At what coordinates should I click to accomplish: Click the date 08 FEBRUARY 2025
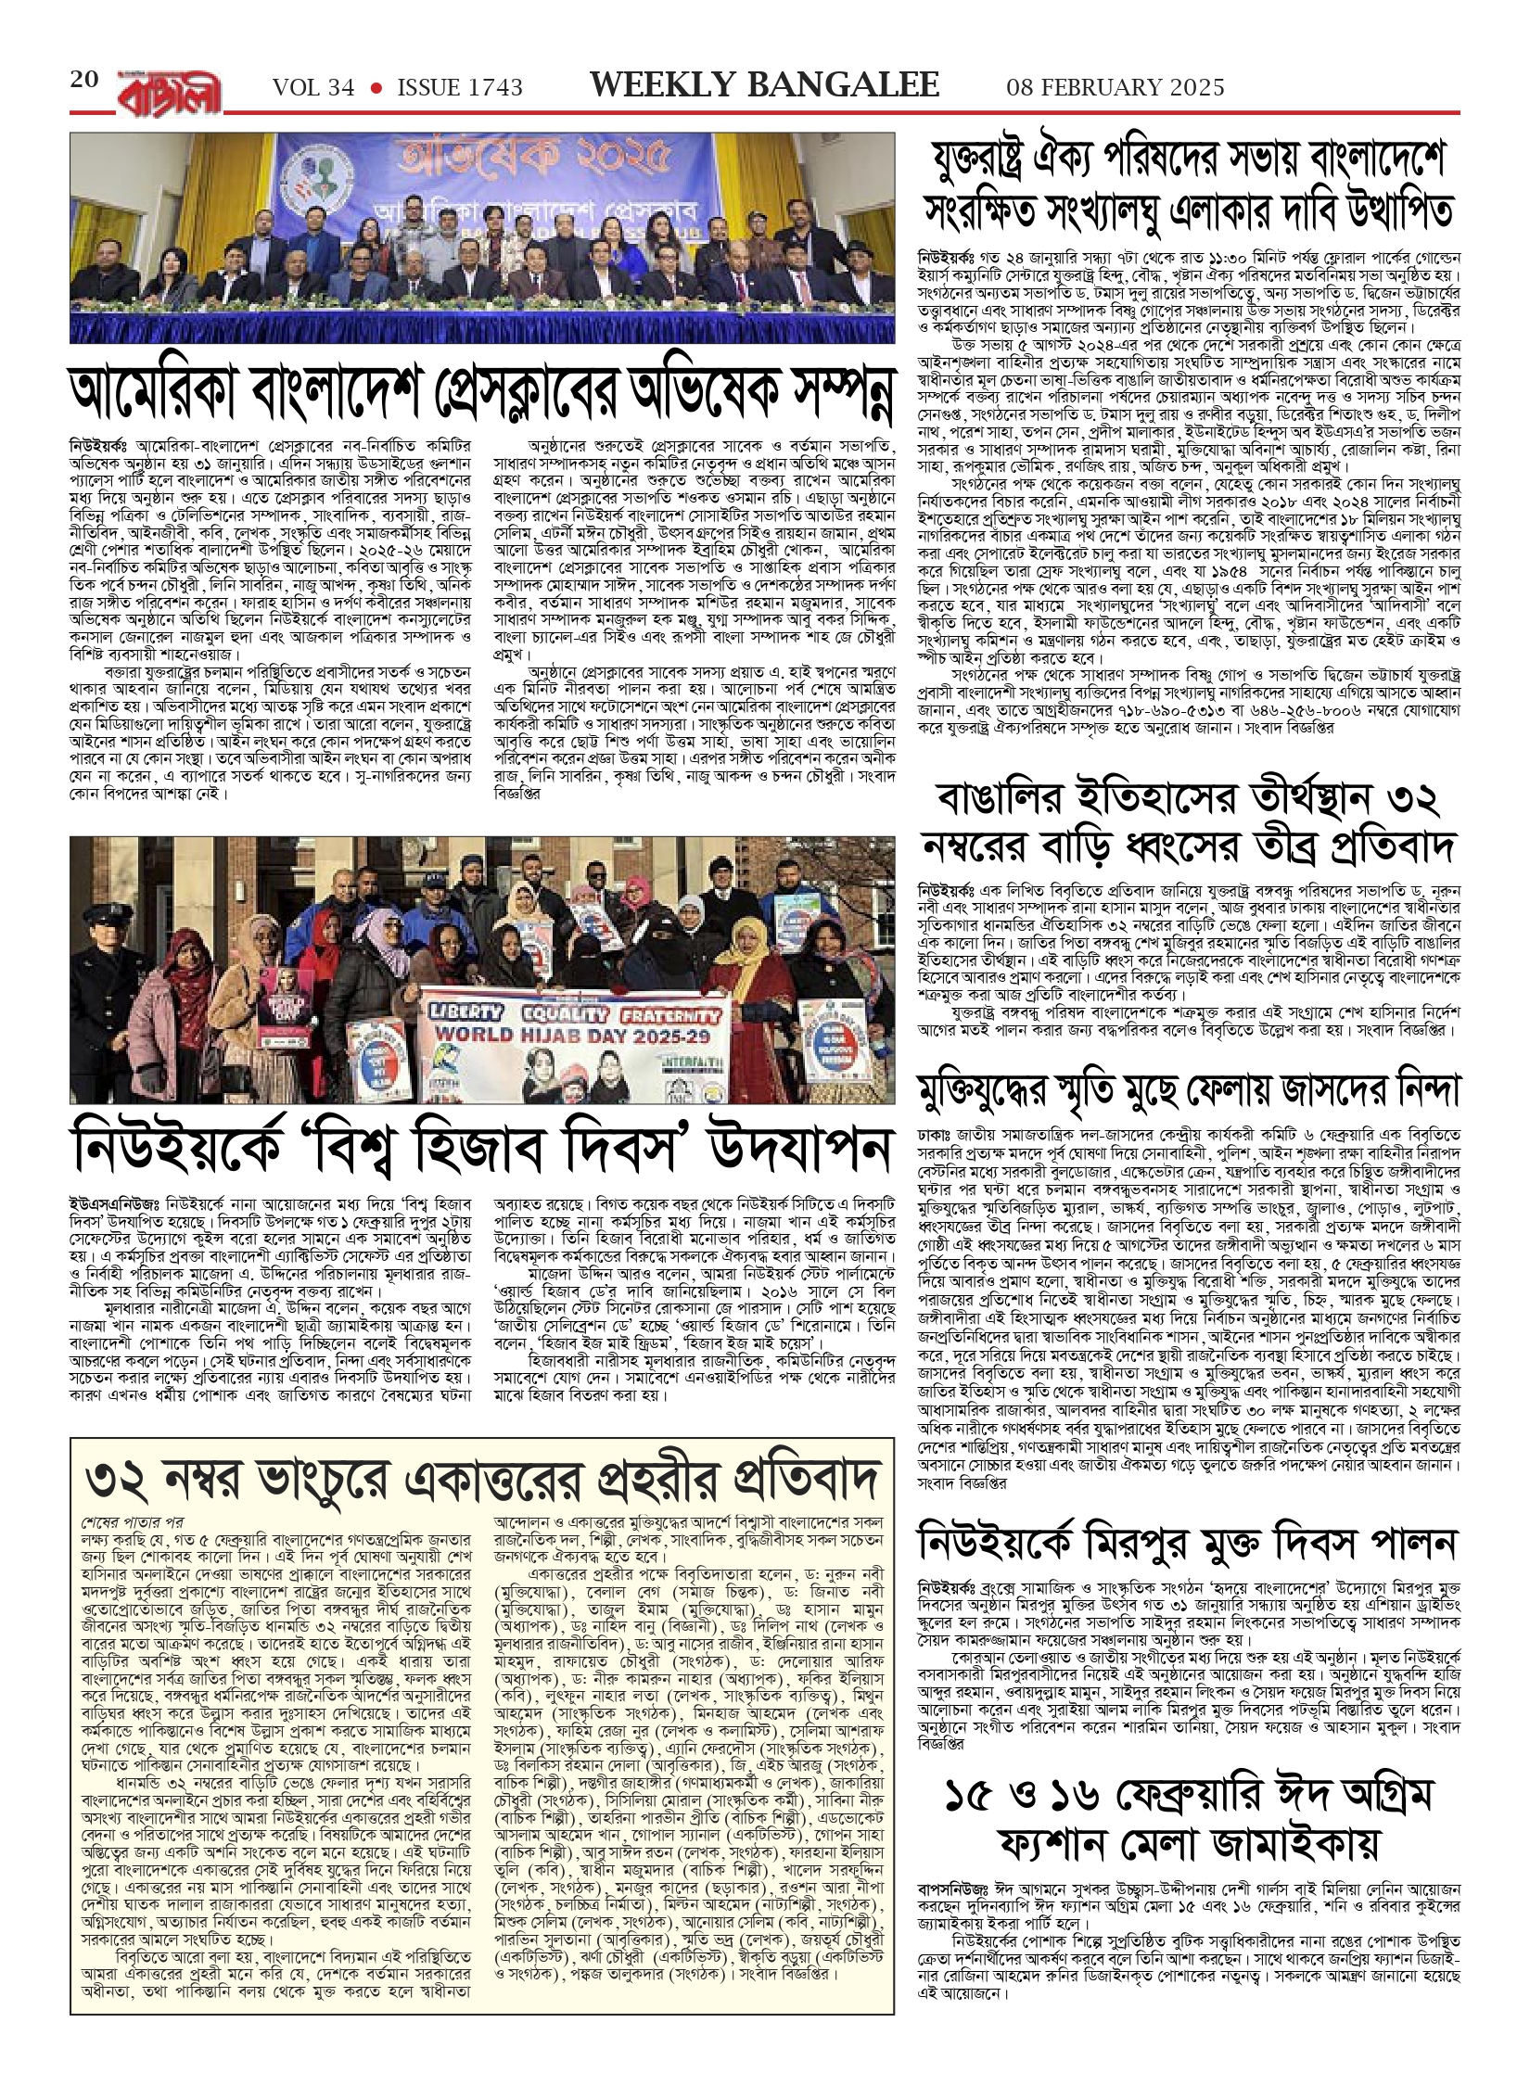point(1116,88)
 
